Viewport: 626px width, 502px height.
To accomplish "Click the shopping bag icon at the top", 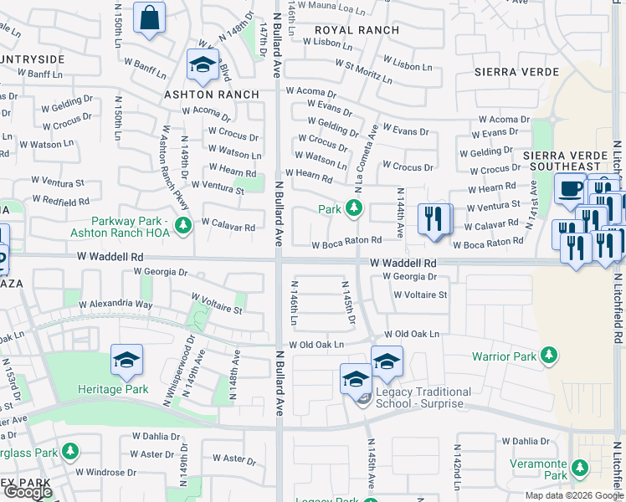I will click(x=149, y=18).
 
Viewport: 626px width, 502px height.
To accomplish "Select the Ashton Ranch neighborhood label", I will click(x=211, y=95).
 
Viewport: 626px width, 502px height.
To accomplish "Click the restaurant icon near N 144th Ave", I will click(x=434, y=220).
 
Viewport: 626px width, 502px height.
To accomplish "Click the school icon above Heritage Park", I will click(x=126, y=361).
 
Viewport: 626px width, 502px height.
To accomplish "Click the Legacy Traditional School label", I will click(x=423, y=397).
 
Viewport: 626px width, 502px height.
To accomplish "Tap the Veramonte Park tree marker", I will click(x=577, y=466).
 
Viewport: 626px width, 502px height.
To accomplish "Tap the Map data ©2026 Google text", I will click(x=574, y=495).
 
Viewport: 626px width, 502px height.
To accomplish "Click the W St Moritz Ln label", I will click(x=363, y=71).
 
